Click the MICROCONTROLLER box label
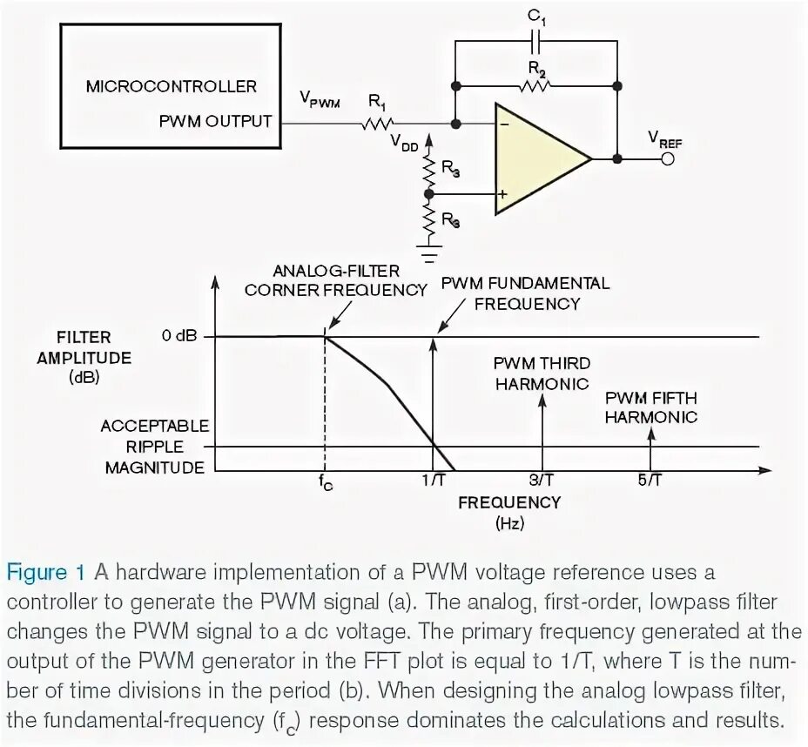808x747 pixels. tap(172, 86)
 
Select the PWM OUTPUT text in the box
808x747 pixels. tap(215, 121)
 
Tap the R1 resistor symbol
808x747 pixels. tap(380, 123)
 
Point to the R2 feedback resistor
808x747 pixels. tap(535, 86)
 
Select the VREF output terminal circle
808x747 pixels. tap(669, 159)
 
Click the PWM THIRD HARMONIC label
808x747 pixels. tap(541, 373)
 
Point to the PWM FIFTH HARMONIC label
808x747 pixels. tap(651, 407)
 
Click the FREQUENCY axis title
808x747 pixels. tap(509, 502)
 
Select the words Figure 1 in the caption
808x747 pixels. tap(46, 572)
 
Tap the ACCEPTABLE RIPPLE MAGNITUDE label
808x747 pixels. tap(155, 447)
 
